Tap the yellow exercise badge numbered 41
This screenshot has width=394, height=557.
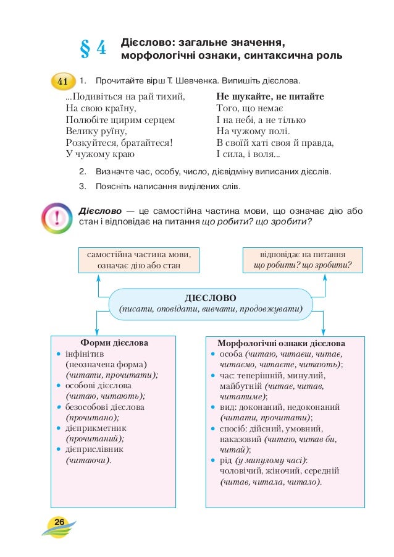pos(62,82)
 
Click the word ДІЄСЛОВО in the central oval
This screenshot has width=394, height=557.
pos(210,296)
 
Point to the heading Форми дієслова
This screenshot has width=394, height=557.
pos(114,342)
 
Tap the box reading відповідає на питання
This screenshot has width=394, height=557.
pos(303,260)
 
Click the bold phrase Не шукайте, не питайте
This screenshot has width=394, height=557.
pos(270,97)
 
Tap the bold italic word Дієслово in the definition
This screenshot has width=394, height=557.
pos(97,211)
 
